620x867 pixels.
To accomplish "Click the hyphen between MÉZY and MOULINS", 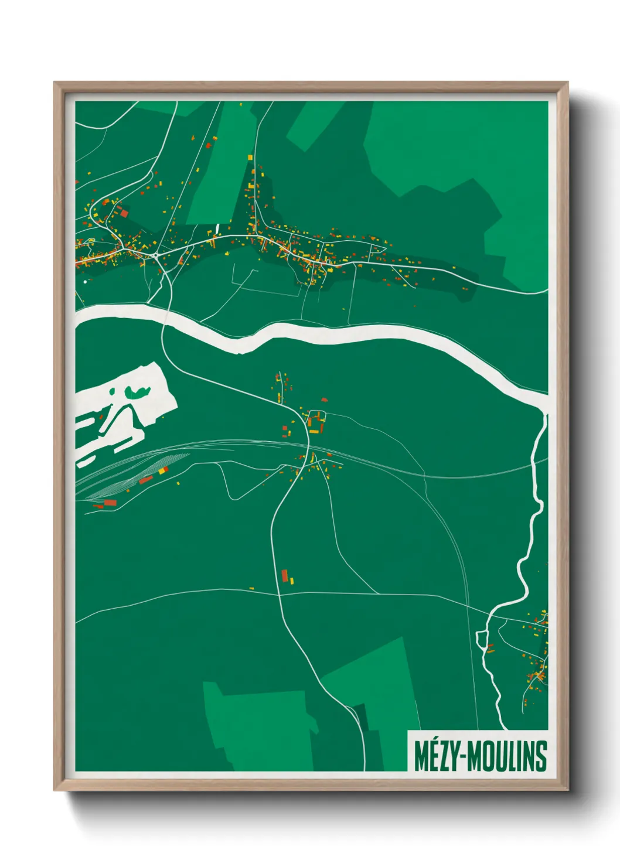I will (464, 757).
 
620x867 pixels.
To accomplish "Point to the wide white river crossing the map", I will (352, 334).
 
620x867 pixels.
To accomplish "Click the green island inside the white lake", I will (138, 392).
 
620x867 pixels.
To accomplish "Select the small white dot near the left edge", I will (85, 282).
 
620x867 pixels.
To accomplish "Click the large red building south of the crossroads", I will (285, 575).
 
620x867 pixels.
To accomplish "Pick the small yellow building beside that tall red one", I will (292, 581).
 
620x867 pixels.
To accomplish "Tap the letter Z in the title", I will (442, 756).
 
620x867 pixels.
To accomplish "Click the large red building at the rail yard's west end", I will (110, 503).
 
